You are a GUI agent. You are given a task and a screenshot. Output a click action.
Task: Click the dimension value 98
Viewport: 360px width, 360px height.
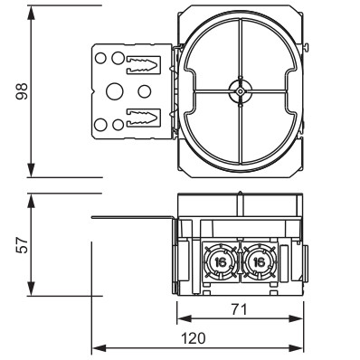pos(22,91)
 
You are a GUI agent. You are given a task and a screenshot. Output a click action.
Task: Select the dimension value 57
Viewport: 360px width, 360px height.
pos(22,245)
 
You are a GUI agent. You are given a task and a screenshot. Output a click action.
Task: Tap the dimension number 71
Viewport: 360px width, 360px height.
pos(239,309)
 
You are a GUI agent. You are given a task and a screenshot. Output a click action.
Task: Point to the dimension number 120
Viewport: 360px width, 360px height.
pos(194,338)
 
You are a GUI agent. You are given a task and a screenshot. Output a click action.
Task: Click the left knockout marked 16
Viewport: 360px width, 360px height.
pos(221,262)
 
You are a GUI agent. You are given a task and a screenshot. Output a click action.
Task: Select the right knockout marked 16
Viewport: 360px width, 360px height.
pos(259,262)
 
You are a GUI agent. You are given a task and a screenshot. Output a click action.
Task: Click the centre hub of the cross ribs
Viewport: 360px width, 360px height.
pos(240,91)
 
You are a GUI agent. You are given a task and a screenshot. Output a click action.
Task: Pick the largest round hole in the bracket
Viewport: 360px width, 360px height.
pos(115,91)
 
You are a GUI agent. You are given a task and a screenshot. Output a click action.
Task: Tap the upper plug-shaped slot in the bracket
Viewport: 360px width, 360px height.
pos(143,64)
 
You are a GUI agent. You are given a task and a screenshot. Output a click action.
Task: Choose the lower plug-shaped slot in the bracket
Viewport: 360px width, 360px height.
pos(143,118)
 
